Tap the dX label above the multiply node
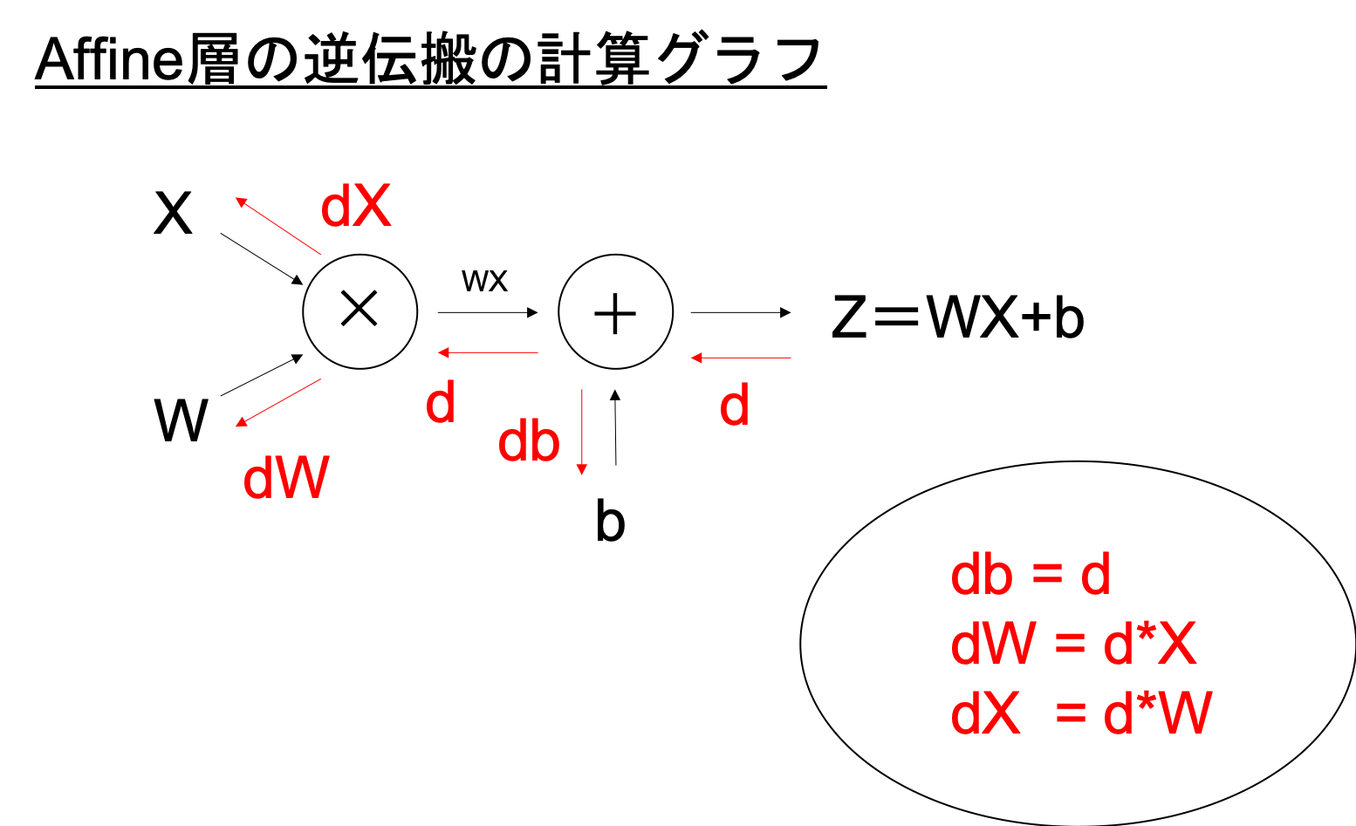click(x=356, y=207)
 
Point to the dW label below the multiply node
click(x=286, y=479)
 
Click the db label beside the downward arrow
click(x=528, y=441)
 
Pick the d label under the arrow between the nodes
click(x=441, y=403)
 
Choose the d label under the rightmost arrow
click(x=735, y=406)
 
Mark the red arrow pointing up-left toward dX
click(x=278, y=226)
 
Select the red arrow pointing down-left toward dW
click(x=278, y=402)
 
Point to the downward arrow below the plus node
click(x=582, y=432)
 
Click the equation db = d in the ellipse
click(x=1030, y=576)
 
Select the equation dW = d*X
click(x=1072, y=645)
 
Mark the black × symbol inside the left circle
click(x=360, y=309)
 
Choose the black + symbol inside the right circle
click(x=615, y=312)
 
